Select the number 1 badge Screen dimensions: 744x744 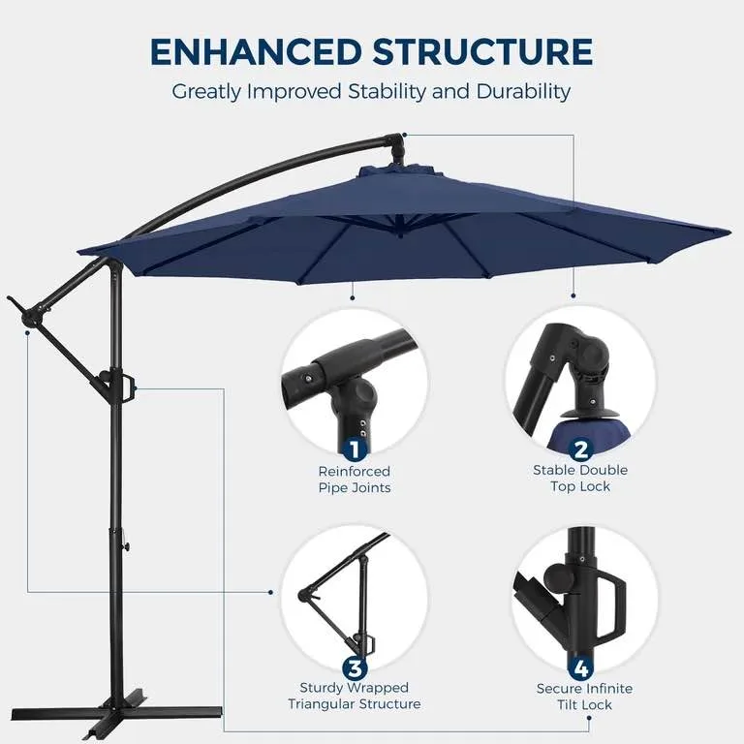355,449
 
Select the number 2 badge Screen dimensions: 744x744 580,449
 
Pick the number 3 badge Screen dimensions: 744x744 355,667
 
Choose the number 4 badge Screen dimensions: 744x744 580,667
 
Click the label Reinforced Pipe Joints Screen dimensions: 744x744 355,480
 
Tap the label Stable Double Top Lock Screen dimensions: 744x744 580,478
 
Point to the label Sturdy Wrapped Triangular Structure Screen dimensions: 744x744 355,696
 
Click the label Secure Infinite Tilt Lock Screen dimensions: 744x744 584,697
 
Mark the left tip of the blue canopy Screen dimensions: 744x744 83,253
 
